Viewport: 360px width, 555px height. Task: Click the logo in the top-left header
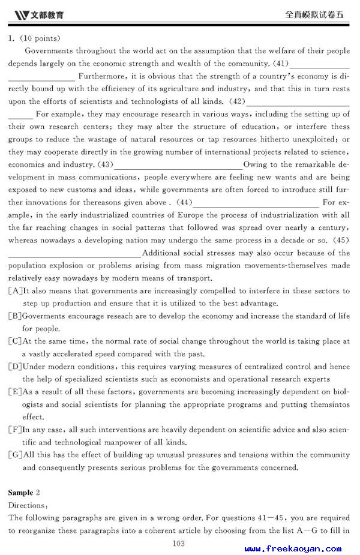(38, 14)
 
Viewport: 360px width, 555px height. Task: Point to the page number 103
(178, 544)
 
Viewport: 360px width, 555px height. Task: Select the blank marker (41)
(281, 64)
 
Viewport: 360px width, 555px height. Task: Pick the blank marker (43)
(105, 164)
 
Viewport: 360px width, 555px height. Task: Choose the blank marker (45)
(341, 240)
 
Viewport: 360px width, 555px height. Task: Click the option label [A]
(15, 291)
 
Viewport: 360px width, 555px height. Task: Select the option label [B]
(15, 316)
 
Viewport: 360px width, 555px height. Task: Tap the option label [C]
(15, 341)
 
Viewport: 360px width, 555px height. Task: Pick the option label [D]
(15, 367)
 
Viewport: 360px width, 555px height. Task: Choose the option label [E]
(15, 392)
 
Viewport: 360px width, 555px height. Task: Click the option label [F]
(15, 430)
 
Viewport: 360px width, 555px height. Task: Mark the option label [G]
(15, 455)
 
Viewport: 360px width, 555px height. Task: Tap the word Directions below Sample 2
(27, 506)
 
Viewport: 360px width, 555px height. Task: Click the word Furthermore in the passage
(101, 76)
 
